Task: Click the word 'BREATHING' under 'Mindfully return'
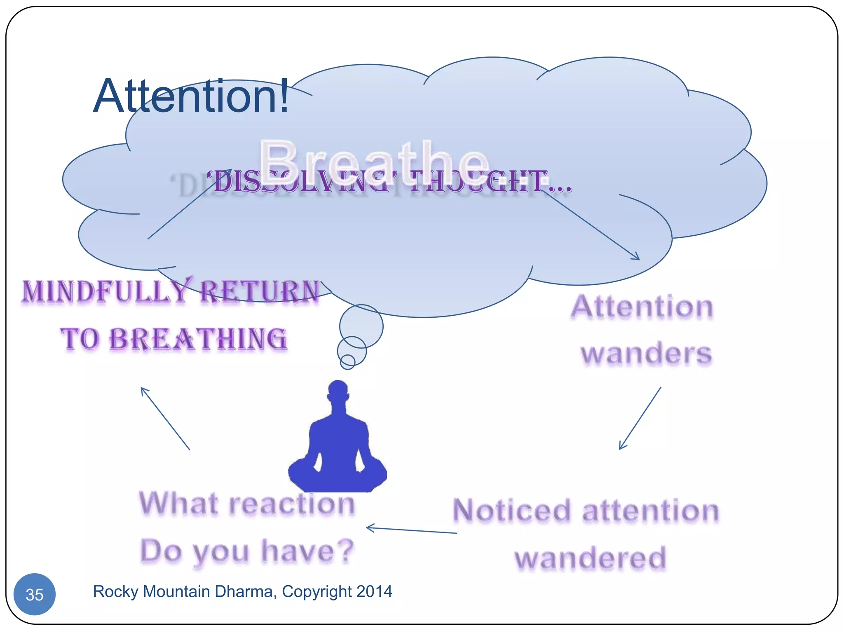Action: (198, 340)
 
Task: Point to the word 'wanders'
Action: (646, 354)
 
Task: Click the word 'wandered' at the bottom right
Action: (590, 558)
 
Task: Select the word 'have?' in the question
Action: (308, 551)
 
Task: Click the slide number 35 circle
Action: (35, 594)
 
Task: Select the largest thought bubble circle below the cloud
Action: (361, 326)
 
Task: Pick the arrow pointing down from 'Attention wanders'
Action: (640, 418)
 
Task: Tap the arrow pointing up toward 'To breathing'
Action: (165, 418)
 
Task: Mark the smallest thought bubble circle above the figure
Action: (347, 361)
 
